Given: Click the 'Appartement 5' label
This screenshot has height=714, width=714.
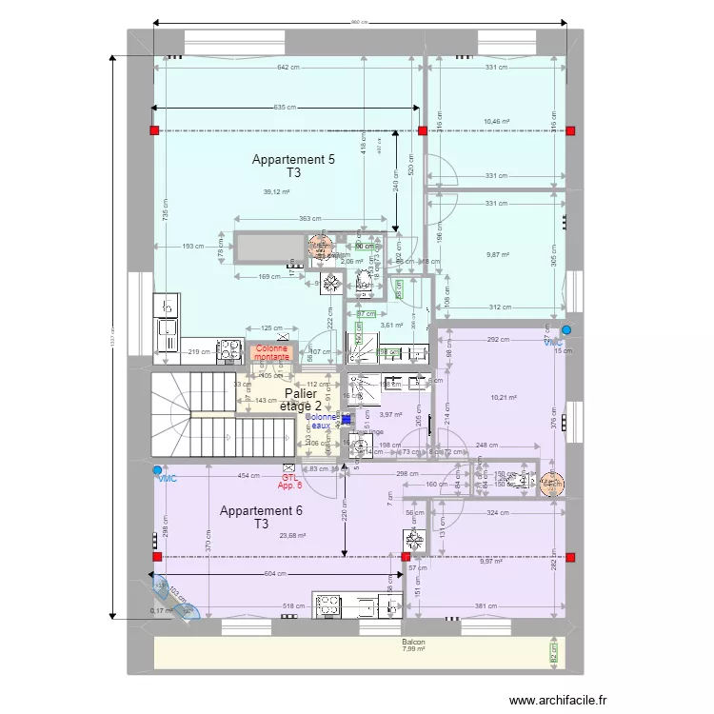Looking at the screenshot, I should pos(292,160).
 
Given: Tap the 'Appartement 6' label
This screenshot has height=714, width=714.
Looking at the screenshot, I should pos(261,511).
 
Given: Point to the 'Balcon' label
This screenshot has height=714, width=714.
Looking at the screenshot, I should pos(413,644).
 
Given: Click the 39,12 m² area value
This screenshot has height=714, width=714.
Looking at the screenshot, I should pos(276,191).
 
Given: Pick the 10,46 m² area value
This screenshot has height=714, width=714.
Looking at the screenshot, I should pos(496,122).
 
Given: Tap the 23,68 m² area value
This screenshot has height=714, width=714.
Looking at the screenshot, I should pos(292,536).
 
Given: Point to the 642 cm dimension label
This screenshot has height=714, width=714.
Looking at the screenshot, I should pos(288,67).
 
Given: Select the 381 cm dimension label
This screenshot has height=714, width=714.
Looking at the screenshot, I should pos(486,605).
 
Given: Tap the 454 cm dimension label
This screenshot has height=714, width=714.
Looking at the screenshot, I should pos(248,475).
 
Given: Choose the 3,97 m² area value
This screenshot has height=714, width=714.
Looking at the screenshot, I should pos(392,415).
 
